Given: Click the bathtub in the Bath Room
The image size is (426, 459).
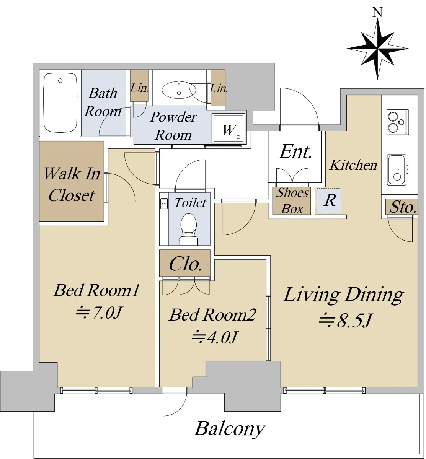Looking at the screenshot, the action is [x=60, y=103].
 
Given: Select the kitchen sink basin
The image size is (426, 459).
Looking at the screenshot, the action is [x=397, y=170].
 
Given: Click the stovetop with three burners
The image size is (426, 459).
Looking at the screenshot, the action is [x=398, y=122].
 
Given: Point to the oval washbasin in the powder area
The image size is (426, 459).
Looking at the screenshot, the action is [x=179, y=90].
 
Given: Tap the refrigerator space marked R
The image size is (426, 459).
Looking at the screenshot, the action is [x=329, y=200].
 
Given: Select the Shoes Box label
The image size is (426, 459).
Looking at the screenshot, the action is [x=292, y=200].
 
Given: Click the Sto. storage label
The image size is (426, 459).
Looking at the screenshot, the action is [x=403, y=207].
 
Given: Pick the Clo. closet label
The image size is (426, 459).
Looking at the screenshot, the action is [x=186, y=264].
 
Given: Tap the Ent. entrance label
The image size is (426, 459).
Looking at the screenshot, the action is [x=295, y=152].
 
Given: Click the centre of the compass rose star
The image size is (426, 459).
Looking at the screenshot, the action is [x=378, y=49].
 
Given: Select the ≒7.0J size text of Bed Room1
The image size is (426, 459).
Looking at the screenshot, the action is [x=99, y=313].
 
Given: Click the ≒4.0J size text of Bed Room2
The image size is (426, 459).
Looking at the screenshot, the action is [x=214, y=337].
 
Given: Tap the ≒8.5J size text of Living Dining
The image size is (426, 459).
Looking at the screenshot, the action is [x=345, y=320].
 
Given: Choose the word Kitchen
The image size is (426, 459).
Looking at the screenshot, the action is [x=353, y=165].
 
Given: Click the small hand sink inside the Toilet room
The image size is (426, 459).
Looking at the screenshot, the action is [x=164, y=203].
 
